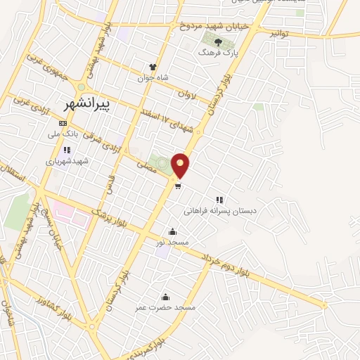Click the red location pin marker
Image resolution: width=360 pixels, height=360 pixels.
[181, 165]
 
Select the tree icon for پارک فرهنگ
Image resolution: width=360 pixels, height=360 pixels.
[218, 42]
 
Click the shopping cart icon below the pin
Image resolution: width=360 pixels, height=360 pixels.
[179, 186]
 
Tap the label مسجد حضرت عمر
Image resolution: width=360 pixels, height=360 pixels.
[167, 307]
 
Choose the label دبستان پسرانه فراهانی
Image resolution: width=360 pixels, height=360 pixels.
[221, 210]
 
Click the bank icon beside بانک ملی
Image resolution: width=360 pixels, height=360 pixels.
[63, 123]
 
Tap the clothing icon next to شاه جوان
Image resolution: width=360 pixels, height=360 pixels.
[152, 67]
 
